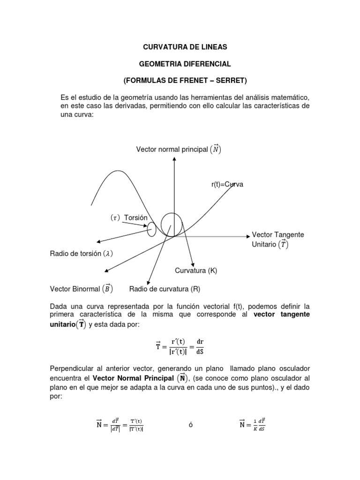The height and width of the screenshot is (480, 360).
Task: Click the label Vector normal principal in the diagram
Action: (179, 150)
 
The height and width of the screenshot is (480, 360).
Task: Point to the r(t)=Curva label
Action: (227, 185)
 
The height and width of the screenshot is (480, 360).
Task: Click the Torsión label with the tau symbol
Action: (129, 218)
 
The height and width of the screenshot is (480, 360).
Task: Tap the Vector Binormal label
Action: (81, 288)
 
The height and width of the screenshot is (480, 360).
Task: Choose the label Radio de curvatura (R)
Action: (165, 289)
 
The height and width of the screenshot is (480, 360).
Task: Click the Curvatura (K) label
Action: (196, 270)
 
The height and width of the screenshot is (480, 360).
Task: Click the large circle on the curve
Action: (172, 225)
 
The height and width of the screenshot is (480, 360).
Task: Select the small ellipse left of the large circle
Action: (151, 230)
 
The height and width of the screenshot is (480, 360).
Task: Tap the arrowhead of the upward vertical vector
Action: (174, 159)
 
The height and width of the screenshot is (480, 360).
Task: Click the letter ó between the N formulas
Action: (191, 425)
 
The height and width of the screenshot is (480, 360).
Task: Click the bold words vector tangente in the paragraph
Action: (281, 314)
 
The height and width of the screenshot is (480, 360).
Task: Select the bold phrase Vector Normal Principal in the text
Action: (133, 378)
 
